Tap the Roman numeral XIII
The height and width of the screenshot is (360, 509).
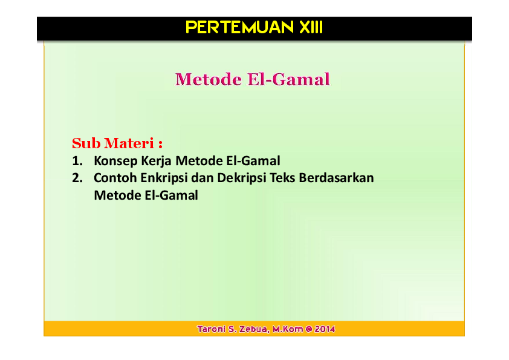pos(311,28)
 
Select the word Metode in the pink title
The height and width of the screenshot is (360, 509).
pos(208,79)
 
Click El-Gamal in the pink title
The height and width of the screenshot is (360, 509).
pos(289,79)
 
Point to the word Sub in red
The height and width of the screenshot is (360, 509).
pos(86,144)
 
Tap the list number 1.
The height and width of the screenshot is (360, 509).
pos(76,162)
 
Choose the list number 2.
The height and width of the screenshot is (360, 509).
pos(76,178)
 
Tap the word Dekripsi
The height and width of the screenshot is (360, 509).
pos(242,178)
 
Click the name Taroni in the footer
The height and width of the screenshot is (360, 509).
pos(211,329)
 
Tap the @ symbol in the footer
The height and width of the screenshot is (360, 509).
pos(308,329)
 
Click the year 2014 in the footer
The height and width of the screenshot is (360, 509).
pos(325,329)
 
